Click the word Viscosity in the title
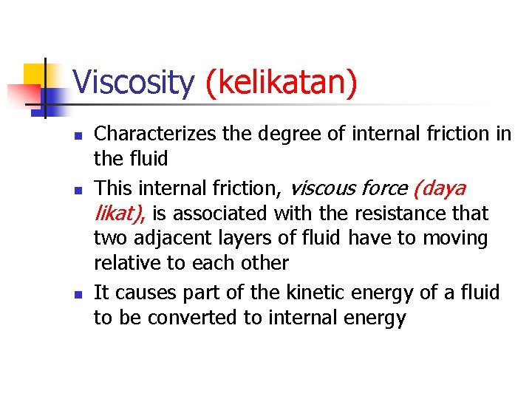(134, 83)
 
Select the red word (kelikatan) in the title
(282, 83)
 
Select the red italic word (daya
(440, 188)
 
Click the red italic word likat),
(120, 214)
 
